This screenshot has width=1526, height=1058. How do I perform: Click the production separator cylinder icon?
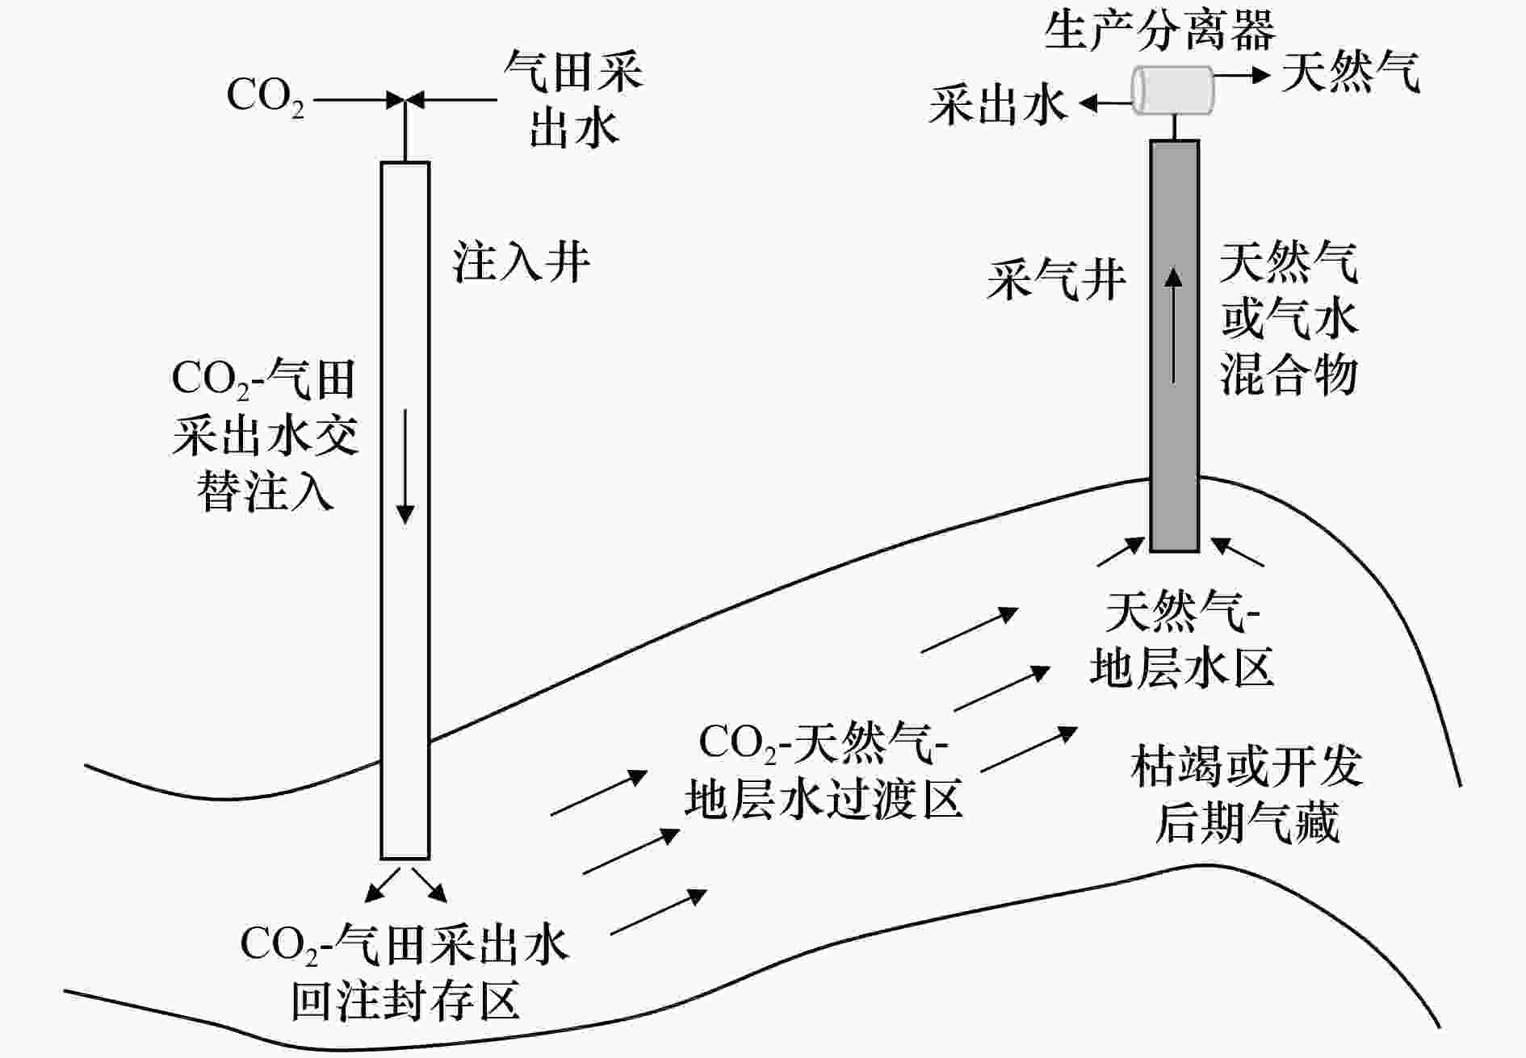tap(1172, 90)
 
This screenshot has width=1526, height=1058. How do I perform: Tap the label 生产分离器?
tap(1160, 30)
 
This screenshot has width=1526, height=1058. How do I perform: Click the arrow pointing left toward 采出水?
tap(1105, 103)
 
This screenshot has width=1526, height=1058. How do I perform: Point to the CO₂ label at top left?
tap(266, 97)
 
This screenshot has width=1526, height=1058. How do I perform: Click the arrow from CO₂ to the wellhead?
tap(358, 100)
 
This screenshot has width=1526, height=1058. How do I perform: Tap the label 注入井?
tap(522, 261)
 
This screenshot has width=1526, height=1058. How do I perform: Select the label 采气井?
tap(1055, 279)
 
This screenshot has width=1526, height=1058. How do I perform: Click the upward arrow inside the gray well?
tap(1174, 325)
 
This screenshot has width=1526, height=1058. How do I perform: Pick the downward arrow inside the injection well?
tap(405, 466)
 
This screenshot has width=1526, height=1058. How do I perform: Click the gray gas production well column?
tap(1174, 346)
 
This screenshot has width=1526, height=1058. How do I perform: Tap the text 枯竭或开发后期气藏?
tap(1247, 794)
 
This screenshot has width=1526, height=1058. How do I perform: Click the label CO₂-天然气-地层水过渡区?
tap(824, 771)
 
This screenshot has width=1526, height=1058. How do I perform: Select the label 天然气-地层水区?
tap(1182, 639)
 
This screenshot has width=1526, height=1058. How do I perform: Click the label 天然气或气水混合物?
tap(1289, 318)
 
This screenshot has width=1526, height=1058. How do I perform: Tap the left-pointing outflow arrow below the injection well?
tap(383, 884)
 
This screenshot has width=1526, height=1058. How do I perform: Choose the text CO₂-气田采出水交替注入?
tap(265, 436)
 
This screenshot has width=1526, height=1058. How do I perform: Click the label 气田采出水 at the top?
tap(573, 99)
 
